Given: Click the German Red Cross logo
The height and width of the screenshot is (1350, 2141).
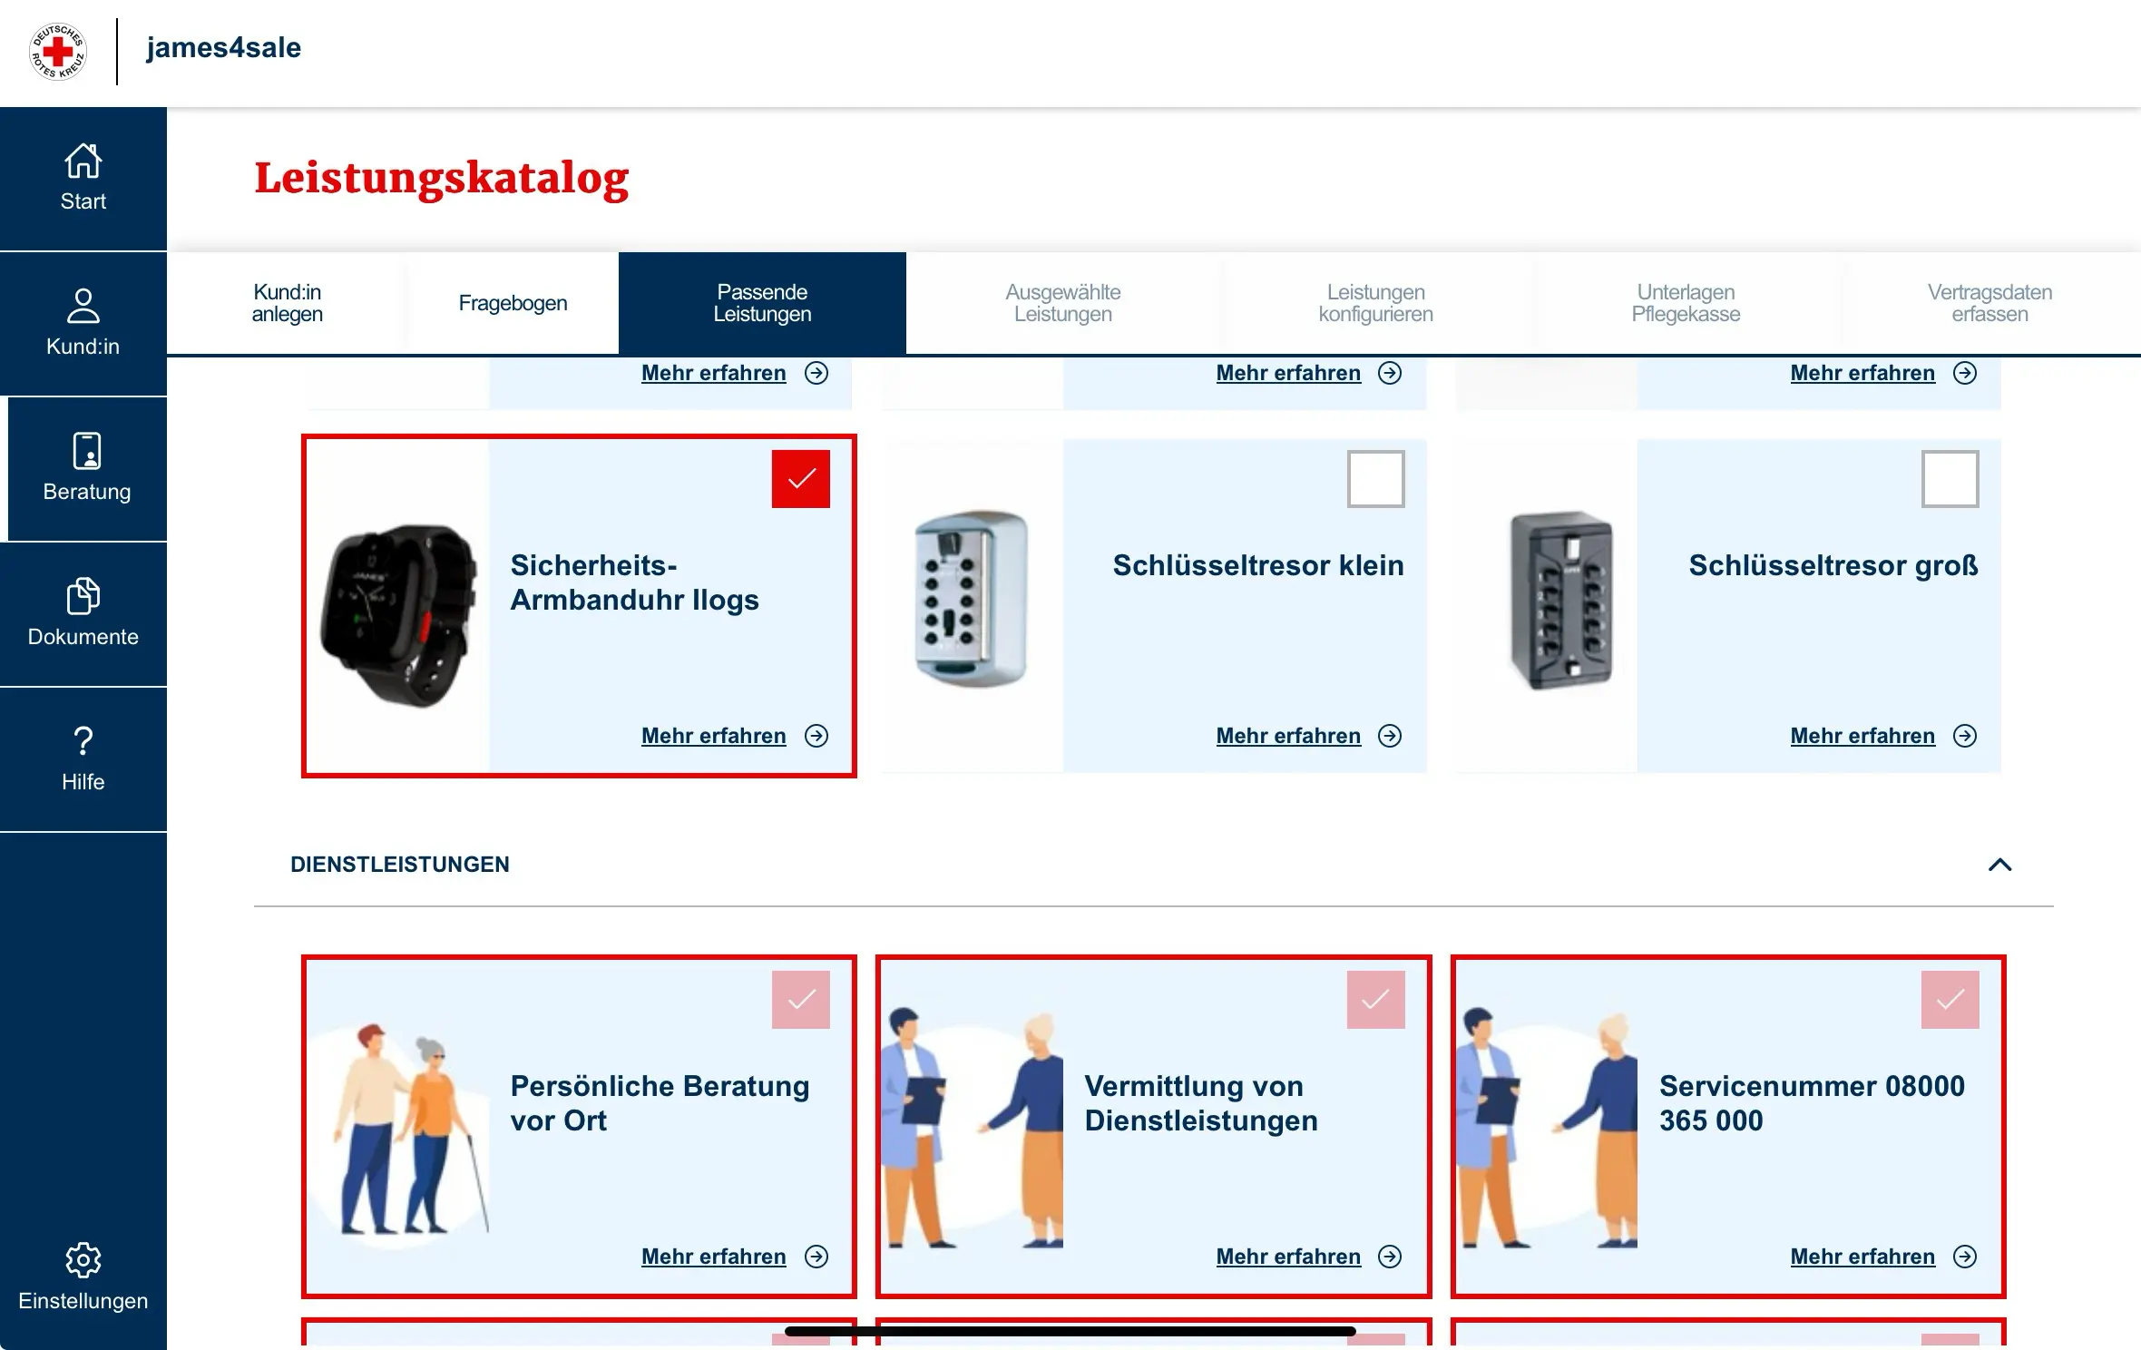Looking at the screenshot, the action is tap(58, 51).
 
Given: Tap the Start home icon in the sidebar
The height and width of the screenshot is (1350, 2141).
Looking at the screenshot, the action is tap(83, 161).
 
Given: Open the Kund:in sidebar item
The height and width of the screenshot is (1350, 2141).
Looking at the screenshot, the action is tap(83, 323).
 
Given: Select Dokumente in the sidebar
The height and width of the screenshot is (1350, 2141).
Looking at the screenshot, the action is tap(83, 613).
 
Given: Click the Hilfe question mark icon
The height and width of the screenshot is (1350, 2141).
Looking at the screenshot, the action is tap(83, 741).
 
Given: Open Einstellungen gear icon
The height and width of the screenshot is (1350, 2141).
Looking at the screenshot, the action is tap(83, 1260).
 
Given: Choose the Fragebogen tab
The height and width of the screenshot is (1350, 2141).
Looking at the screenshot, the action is tap(513, 303).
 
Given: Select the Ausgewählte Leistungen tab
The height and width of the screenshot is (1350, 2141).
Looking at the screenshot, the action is tap(1062, 303).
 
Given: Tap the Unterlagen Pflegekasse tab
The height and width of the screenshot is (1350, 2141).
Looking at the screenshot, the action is tap(1686, 303).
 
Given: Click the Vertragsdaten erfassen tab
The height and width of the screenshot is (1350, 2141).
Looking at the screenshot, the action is tap(1989, 303).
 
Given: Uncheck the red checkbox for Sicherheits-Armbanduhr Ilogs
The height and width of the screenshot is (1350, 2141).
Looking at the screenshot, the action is tap(801, 478).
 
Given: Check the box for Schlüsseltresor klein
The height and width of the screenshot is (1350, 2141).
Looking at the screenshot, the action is tap(1375, 478).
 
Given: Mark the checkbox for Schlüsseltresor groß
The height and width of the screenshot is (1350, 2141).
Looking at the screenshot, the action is tap(1950, 478).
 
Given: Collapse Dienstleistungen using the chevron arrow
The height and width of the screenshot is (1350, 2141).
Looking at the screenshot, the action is tap(1999, 865).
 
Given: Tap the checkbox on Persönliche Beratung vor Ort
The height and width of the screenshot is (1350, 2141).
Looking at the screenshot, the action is tap(801, 999).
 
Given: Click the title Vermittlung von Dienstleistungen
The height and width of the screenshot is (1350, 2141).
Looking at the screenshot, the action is tap(1201, 1103).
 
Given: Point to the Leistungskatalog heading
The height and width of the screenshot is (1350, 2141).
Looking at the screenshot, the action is tap(442, 178).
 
